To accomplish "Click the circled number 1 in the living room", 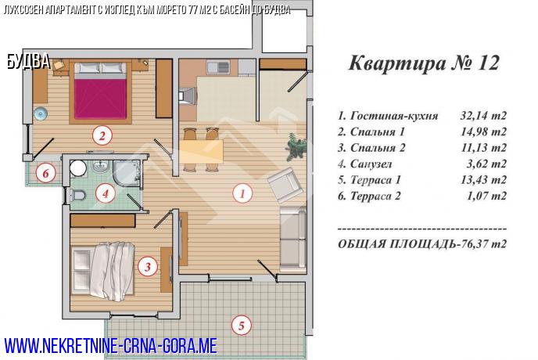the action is pos(242,193).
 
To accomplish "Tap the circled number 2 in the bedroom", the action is pos(102,136).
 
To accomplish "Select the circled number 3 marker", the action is pos(148,267).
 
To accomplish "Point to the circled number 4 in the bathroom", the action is pos(106,194).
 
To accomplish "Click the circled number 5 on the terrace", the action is pos(241,325).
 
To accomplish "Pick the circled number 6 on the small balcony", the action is pos(45,173).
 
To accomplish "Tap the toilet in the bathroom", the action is pos(77,195).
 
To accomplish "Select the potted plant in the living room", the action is pos(296,146).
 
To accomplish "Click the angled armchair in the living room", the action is pos(285,185).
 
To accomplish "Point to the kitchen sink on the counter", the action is pos(218,67).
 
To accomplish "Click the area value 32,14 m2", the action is pos(483,116).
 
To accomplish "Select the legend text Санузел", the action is pos(371,164).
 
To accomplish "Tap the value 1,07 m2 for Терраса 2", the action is pos(486,196).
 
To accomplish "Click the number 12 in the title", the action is pos(487,63).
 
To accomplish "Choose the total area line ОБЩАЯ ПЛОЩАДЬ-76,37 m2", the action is pos(422,244).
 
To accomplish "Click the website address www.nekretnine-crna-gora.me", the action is pos(111,346).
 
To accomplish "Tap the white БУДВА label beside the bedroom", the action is pos(28,62).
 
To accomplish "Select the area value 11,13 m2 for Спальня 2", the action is pos(483,148).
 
